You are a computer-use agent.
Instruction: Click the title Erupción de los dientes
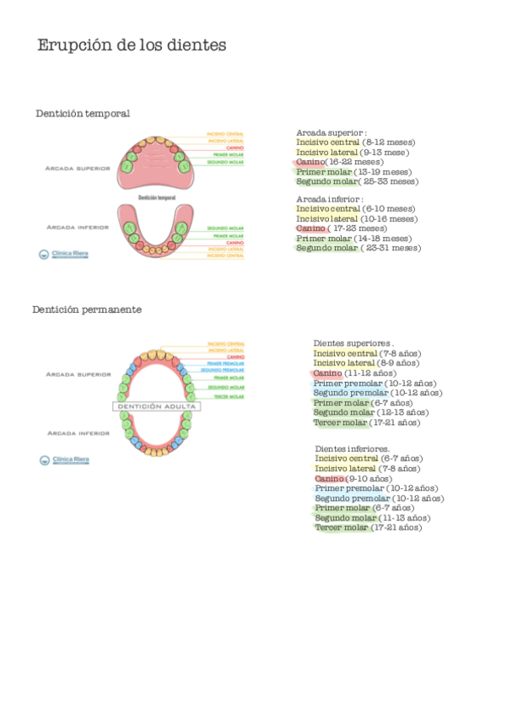(132, 46)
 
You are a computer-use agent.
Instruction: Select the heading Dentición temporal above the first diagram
(83, 114)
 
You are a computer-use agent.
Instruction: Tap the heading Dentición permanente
(87, 309)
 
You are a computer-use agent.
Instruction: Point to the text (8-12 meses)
(389, 142)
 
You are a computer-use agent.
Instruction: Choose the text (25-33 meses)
(388, 181)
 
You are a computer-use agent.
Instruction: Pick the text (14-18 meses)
(383, 239)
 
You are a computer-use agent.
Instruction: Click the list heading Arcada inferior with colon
(330, 199)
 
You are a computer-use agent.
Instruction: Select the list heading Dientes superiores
(353, 343)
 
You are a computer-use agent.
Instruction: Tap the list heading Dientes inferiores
(352, 449)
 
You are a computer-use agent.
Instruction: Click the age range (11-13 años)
(405, 518)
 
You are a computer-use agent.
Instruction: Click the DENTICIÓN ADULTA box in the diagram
(156, 406)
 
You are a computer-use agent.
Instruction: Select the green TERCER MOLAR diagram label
(229, 396)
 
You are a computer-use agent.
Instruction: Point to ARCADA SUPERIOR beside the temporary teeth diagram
(78, 169)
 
